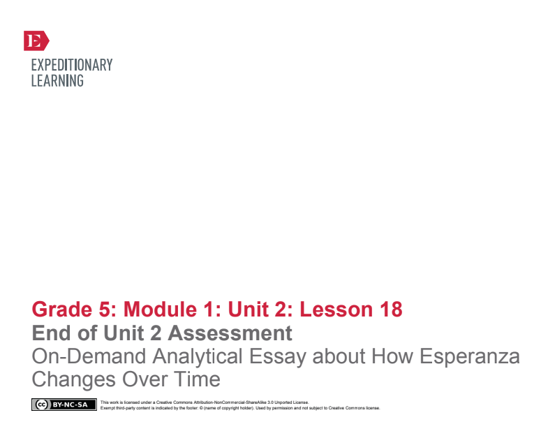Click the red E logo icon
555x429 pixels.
pyautogui.click(x=36, y=41)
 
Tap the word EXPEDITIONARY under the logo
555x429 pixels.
pyautogui.click(x=72, y=65)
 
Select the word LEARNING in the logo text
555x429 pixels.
pyautogui.click(x=57, y=81)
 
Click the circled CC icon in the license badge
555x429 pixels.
pyautogui.click(x=41, y=405)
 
